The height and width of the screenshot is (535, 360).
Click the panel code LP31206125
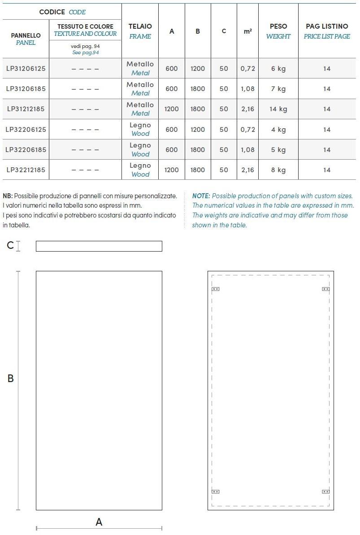tap(26, 69)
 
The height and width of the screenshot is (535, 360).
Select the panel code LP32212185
tap(26, 170)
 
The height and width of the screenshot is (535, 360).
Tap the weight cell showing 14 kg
tap(278, 109)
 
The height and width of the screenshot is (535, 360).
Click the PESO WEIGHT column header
tap(278, 31)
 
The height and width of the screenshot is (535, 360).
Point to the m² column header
tap(247, 31)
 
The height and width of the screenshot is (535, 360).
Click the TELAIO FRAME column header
tap(140, 31)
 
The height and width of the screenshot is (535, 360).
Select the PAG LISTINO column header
tap(327, 31)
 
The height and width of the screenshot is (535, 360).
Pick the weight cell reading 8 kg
tap(278, 170)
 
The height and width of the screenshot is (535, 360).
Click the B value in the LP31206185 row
tap(197, 89)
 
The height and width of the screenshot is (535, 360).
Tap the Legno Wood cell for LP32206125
tap(140, 129)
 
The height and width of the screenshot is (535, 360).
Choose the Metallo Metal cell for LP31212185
tap(140, 109)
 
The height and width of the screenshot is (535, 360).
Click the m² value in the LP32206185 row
tap(247, 150)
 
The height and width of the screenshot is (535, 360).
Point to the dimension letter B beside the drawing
tap(11, 378)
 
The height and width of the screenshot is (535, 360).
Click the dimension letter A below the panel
tap(99, 522)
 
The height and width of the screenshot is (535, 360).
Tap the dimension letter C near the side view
tap(10, 245)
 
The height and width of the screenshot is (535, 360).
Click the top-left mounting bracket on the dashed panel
tap(215, 289)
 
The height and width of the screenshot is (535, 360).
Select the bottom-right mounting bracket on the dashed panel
tap(326, 492)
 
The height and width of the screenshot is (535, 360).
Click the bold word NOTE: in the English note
tap(201, 196)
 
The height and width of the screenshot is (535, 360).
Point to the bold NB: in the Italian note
tap(8, 196)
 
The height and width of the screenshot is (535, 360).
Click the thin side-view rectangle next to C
tap(99, 246)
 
